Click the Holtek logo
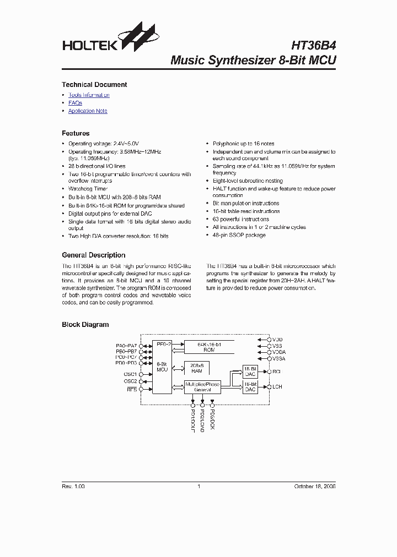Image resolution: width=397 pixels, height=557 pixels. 108,40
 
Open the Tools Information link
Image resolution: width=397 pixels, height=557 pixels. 89,95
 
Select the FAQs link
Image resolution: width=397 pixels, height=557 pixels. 75,103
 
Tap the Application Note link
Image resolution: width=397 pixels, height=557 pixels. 88,111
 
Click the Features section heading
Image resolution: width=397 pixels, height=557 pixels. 76,133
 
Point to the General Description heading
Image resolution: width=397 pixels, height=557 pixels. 93,255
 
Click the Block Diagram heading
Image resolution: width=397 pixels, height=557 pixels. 85,325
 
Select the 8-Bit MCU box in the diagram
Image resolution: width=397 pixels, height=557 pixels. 162,367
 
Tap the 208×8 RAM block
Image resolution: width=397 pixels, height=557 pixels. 197,368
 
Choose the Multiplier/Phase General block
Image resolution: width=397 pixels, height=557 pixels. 202,387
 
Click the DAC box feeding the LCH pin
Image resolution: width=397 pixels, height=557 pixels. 250,386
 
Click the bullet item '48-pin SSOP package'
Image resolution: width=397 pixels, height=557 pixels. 239,235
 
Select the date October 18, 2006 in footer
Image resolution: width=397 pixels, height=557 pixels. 315,487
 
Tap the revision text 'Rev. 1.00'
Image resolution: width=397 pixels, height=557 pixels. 73,487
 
